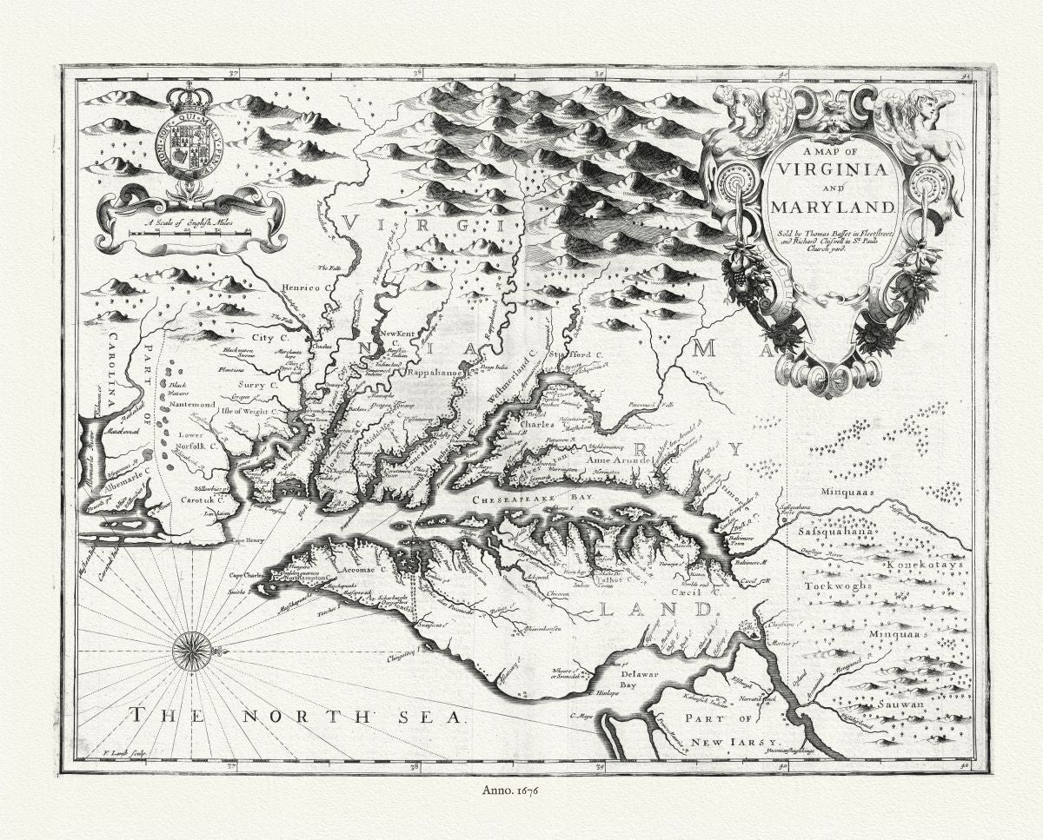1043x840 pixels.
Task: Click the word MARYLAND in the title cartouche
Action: (830, 208)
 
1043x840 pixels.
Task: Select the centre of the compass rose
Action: (190, 651)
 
